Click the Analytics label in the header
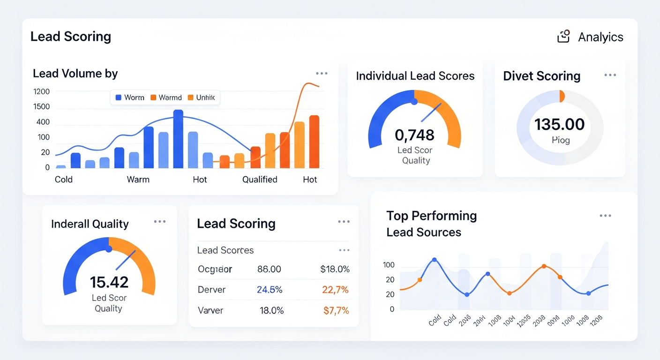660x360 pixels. tap(600, 37)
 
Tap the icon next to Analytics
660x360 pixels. tap(563, 37)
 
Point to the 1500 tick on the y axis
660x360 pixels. tap(42, 107)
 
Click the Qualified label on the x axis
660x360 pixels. tap(260, 180)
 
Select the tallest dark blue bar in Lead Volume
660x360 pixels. tap(178, 139)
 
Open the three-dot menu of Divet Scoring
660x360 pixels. tap(610, 75)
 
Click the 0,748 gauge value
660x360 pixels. tap(415, 135)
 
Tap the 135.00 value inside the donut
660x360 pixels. tap(560, 124)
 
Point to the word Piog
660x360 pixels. tap(560, 140)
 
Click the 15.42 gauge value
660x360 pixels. tap(109, 282)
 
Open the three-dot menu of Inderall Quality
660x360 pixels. tap(160, 222)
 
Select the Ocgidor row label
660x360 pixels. tap(215, 270)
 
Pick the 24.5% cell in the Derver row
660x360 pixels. tap(270, 290)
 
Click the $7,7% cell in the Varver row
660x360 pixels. tap(336, 310)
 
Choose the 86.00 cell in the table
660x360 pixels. tap(269, 270)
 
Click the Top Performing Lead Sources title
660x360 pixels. tap(431, 224)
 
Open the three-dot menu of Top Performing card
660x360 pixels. tap(605, 216)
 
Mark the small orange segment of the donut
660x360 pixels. tap(562, 96)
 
